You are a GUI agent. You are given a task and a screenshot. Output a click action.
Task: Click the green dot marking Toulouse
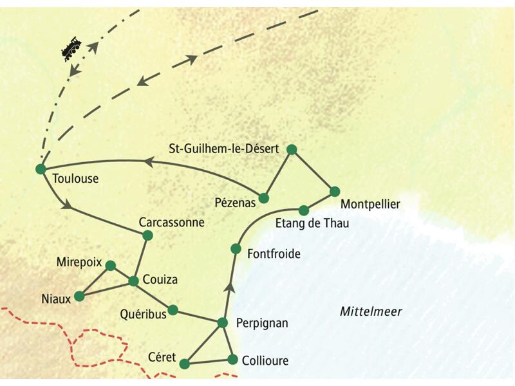41,169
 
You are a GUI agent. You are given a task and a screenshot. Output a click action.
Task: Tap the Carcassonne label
171,223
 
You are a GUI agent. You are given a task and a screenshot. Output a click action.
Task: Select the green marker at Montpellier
334,191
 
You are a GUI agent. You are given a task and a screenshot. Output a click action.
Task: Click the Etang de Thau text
312,224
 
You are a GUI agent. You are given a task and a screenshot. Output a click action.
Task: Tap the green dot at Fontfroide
236,248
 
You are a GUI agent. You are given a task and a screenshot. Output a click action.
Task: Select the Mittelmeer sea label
370,312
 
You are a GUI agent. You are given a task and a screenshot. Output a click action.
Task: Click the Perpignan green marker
223,322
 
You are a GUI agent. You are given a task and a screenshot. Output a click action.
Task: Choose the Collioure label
266,361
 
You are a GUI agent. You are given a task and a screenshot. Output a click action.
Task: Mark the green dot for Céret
185,364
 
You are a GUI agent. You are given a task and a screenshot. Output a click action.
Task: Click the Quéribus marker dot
173,309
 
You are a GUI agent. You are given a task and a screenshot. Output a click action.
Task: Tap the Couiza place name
161,280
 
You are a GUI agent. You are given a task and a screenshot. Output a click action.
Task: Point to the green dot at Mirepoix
110,265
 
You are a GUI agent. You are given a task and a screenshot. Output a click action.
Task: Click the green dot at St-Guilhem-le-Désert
291,149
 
